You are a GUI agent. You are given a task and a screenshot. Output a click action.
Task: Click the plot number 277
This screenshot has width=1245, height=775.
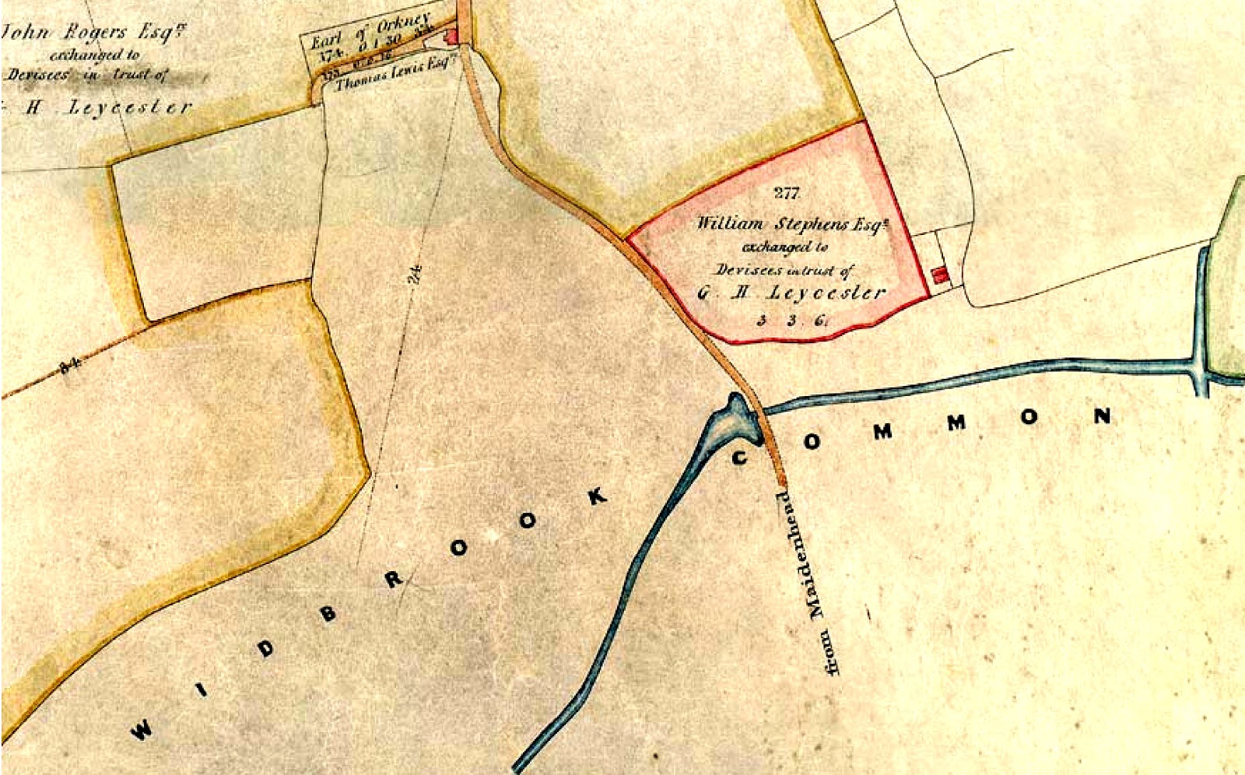coord(786,193)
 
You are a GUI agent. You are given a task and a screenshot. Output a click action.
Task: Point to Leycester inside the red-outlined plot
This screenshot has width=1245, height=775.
coord(826,293)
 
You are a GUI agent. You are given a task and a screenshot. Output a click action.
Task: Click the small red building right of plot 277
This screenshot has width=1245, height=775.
coord(940,275)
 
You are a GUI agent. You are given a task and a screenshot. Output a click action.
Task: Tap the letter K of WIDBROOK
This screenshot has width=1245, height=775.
coord(597,496)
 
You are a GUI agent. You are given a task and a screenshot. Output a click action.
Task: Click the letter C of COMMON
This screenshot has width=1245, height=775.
coord(740,458)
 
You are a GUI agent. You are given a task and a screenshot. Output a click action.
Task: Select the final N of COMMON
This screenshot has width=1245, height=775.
coord(1102,416)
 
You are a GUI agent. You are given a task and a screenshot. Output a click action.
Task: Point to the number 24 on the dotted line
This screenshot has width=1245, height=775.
coord(415,275)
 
